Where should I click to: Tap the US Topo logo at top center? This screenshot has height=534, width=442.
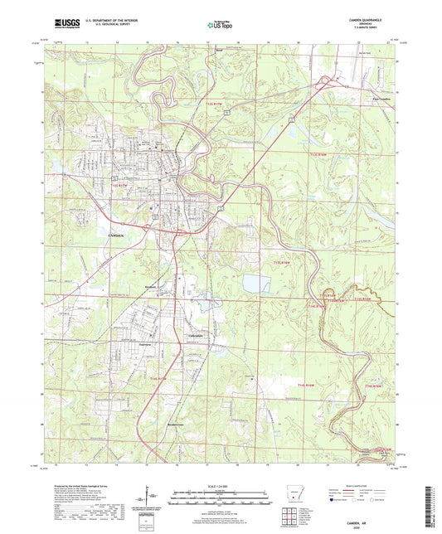pos(221,25)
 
